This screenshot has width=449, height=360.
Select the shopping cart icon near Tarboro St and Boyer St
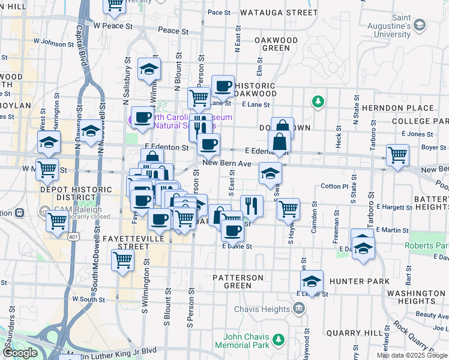(397, 155)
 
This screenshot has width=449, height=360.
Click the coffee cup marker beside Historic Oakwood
(223, 87)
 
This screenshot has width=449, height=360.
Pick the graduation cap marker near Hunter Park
(312, 281)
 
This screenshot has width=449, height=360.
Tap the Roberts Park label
(426, 245)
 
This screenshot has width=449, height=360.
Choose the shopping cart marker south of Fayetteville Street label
(122, 260)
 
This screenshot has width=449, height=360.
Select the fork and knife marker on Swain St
(252, 206)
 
